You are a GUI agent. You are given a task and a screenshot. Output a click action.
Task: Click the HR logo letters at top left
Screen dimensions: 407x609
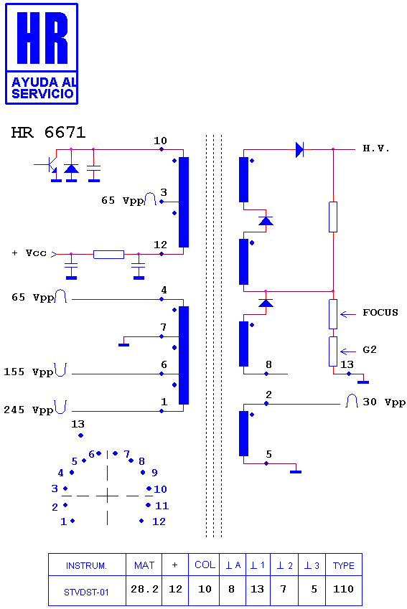[x=42, y=38]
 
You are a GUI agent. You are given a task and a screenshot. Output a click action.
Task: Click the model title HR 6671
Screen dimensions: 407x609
[x=48, y=133]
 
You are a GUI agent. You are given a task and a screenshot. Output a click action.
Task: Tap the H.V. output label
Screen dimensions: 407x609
[x=376, y=148]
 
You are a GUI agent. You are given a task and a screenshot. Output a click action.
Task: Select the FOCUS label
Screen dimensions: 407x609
[x=380, y=313]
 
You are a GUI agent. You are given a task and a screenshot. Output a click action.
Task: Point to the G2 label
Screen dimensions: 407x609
[x=369, y=349]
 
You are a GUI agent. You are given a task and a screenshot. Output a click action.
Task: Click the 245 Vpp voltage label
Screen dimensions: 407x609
[x=28, y=410]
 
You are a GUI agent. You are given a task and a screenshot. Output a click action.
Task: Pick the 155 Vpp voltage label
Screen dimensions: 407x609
[x=28, y=372]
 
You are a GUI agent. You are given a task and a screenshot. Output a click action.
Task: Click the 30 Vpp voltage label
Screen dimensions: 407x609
[x=384, y=402]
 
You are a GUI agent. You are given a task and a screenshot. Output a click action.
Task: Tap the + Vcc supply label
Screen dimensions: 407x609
[x=29, y=253]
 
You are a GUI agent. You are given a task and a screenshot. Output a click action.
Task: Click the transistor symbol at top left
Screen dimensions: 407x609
[x=50, y=165]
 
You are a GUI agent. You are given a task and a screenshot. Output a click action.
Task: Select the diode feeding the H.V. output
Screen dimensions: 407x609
[x=299, y=149]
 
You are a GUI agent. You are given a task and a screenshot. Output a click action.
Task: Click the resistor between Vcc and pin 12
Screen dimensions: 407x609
[x=109, y=255]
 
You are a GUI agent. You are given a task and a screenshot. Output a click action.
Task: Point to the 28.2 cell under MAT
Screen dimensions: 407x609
[x=144, y=589]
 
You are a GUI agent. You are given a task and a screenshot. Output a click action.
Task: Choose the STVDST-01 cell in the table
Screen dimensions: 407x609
[x=86, y=593]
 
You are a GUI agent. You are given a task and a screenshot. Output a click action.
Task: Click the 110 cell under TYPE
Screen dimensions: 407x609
[x=343, y=589]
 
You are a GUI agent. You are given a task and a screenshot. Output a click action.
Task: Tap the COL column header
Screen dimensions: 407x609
[x=205, y=565]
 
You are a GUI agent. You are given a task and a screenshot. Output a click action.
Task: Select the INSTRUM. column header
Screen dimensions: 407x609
[x=86, y=565]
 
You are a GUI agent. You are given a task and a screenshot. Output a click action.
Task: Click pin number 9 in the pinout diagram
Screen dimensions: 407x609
[x=154, y=473]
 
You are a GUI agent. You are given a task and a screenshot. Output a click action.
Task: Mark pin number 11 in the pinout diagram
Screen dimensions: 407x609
[x=162, y=506]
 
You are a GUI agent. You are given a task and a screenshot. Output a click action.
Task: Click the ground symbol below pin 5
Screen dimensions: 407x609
[x=296, y=472]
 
